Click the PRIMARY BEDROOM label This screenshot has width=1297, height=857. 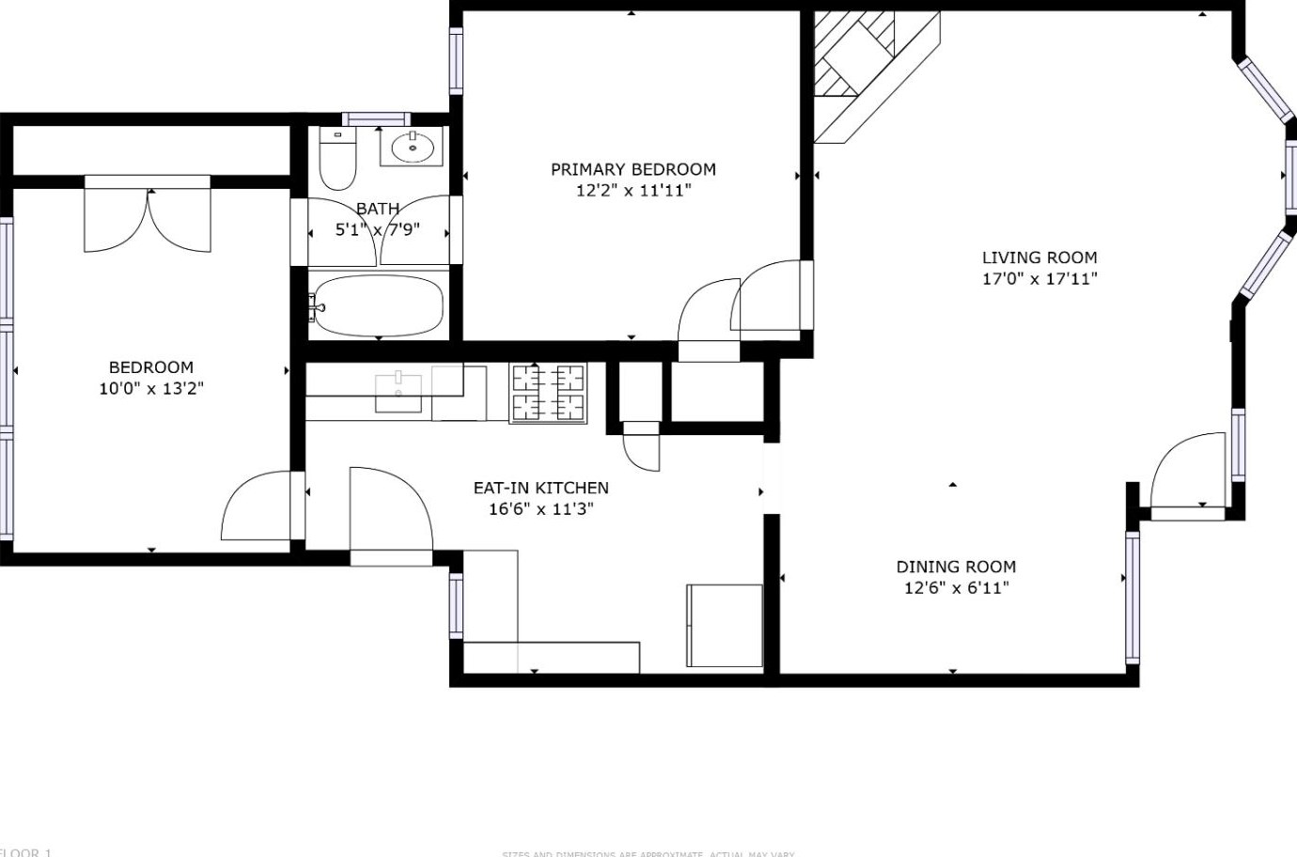tap(633, 169)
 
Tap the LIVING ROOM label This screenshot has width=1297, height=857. tap(1039, 257)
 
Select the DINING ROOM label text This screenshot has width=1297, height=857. tap(955, 567)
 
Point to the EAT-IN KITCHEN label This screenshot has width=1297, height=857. tap(540, 488)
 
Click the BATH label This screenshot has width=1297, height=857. tap(378, 209)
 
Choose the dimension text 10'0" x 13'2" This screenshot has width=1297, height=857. tap(151, 388)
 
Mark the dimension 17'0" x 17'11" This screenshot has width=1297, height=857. tap(1039, 278)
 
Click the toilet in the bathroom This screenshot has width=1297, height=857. tap(337, 159)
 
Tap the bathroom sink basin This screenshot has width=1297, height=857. tap(412, 148)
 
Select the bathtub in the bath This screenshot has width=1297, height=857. tap(378, 305)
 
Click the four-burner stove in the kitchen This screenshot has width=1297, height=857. tap(547, 392)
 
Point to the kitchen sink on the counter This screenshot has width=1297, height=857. tap(398, 392)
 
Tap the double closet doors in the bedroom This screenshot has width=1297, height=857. tap(148, 218)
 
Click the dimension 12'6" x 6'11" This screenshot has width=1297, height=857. tap(955, 588)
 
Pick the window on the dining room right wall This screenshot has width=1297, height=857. tap(1133, 598)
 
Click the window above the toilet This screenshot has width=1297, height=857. tap(376, 119)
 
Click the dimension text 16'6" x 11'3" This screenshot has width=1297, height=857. tap(540, 509)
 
